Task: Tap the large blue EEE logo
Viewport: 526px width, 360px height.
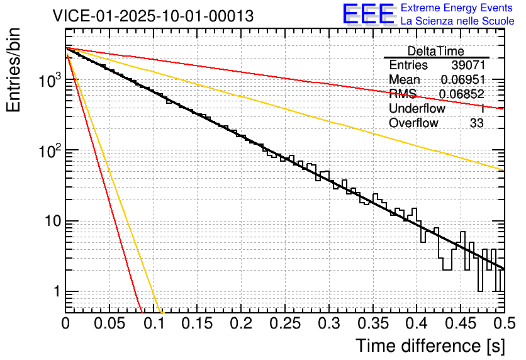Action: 369,14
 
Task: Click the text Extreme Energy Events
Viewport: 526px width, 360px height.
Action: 457,8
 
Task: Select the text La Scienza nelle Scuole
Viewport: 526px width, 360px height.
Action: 457,21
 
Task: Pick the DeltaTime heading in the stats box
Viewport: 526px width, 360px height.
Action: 436,51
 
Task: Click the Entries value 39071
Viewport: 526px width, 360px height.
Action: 467,65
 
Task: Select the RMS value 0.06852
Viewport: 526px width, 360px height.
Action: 461,94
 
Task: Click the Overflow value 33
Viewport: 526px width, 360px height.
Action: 476,123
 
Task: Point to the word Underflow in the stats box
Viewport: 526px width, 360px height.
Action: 417,109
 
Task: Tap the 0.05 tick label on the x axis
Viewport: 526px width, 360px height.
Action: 109,323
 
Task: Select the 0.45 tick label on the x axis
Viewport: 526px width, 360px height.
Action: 461,323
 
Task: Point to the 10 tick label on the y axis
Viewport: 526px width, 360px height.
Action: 51,222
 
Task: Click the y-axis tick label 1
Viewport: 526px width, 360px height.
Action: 55,292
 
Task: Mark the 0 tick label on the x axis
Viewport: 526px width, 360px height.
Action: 65,323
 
